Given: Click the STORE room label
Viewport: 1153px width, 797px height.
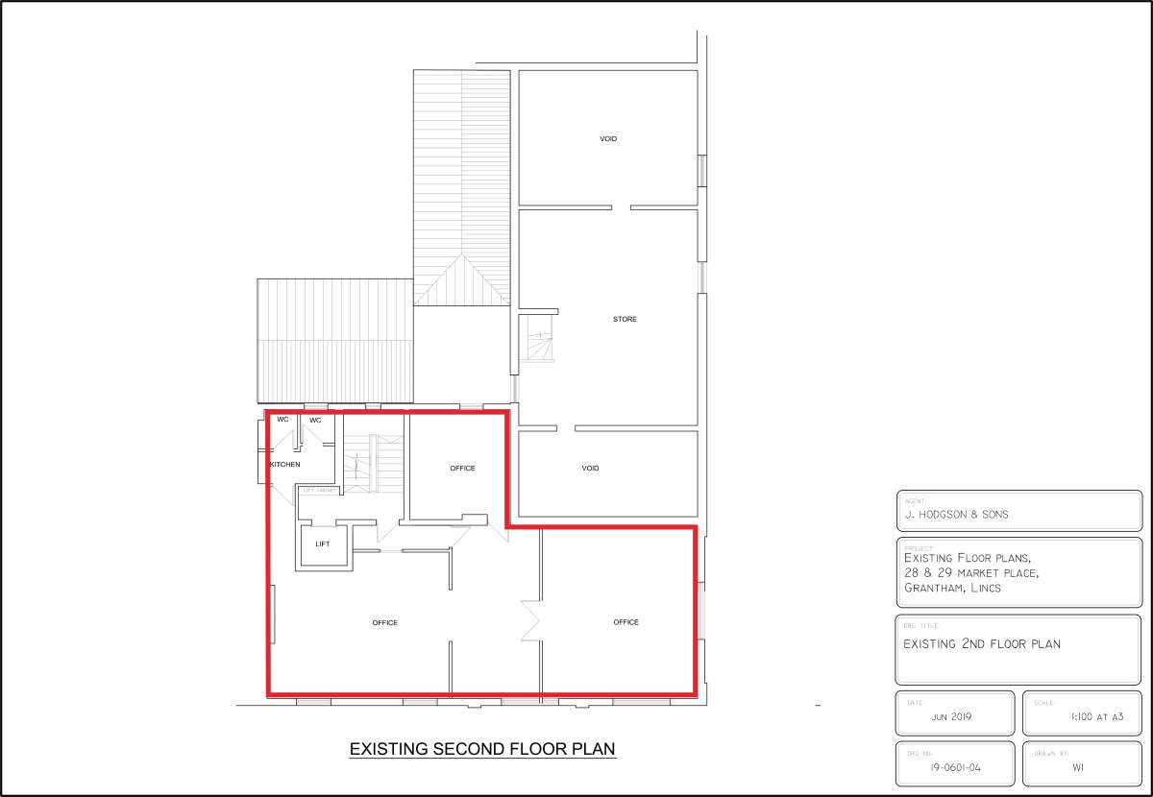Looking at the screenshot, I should pyautogui.click(x=625, y=319).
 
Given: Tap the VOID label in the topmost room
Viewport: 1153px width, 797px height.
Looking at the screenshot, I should pyautogui.click(x=608, y=139).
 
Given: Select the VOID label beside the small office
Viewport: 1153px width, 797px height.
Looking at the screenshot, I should pyautogui.click(x=590, y=469).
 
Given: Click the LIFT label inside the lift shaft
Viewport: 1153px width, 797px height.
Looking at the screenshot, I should pyautogui.click(x=323, y=544).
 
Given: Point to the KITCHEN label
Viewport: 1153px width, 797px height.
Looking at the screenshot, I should pyautogui.click(x=284, y=465).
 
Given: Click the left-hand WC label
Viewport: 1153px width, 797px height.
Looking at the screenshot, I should pyautogui.click(x=282, y=420).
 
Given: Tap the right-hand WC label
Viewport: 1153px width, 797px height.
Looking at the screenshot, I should pyautogui.click(x=315, y=421).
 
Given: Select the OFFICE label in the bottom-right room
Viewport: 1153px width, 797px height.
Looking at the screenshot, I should pyautogui.click(x=626, y=622).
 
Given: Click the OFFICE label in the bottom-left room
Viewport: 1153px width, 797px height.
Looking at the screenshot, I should pyautogui.click(x=385, y=623).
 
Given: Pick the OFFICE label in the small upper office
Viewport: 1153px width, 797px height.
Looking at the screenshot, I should pyautogui.click(x=462, y=469).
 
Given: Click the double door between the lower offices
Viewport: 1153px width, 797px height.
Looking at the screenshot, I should pyautogui.click(x=531, y=621).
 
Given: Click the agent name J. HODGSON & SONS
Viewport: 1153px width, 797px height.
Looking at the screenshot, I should pyautogui.click(x=956, y=515).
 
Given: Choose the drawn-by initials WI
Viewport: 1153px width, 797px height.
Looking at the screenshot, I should pyautogui.click(x=1079, y=768).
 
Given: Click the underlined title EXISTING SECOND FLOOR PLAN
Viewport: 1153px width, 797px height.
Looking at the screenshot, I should pyautogui.click(x=481, y=749).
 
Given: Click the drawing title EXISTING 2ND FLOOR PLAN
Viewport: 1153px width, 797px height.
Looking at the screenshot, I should pyautogui.click(x=982, y=644).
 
